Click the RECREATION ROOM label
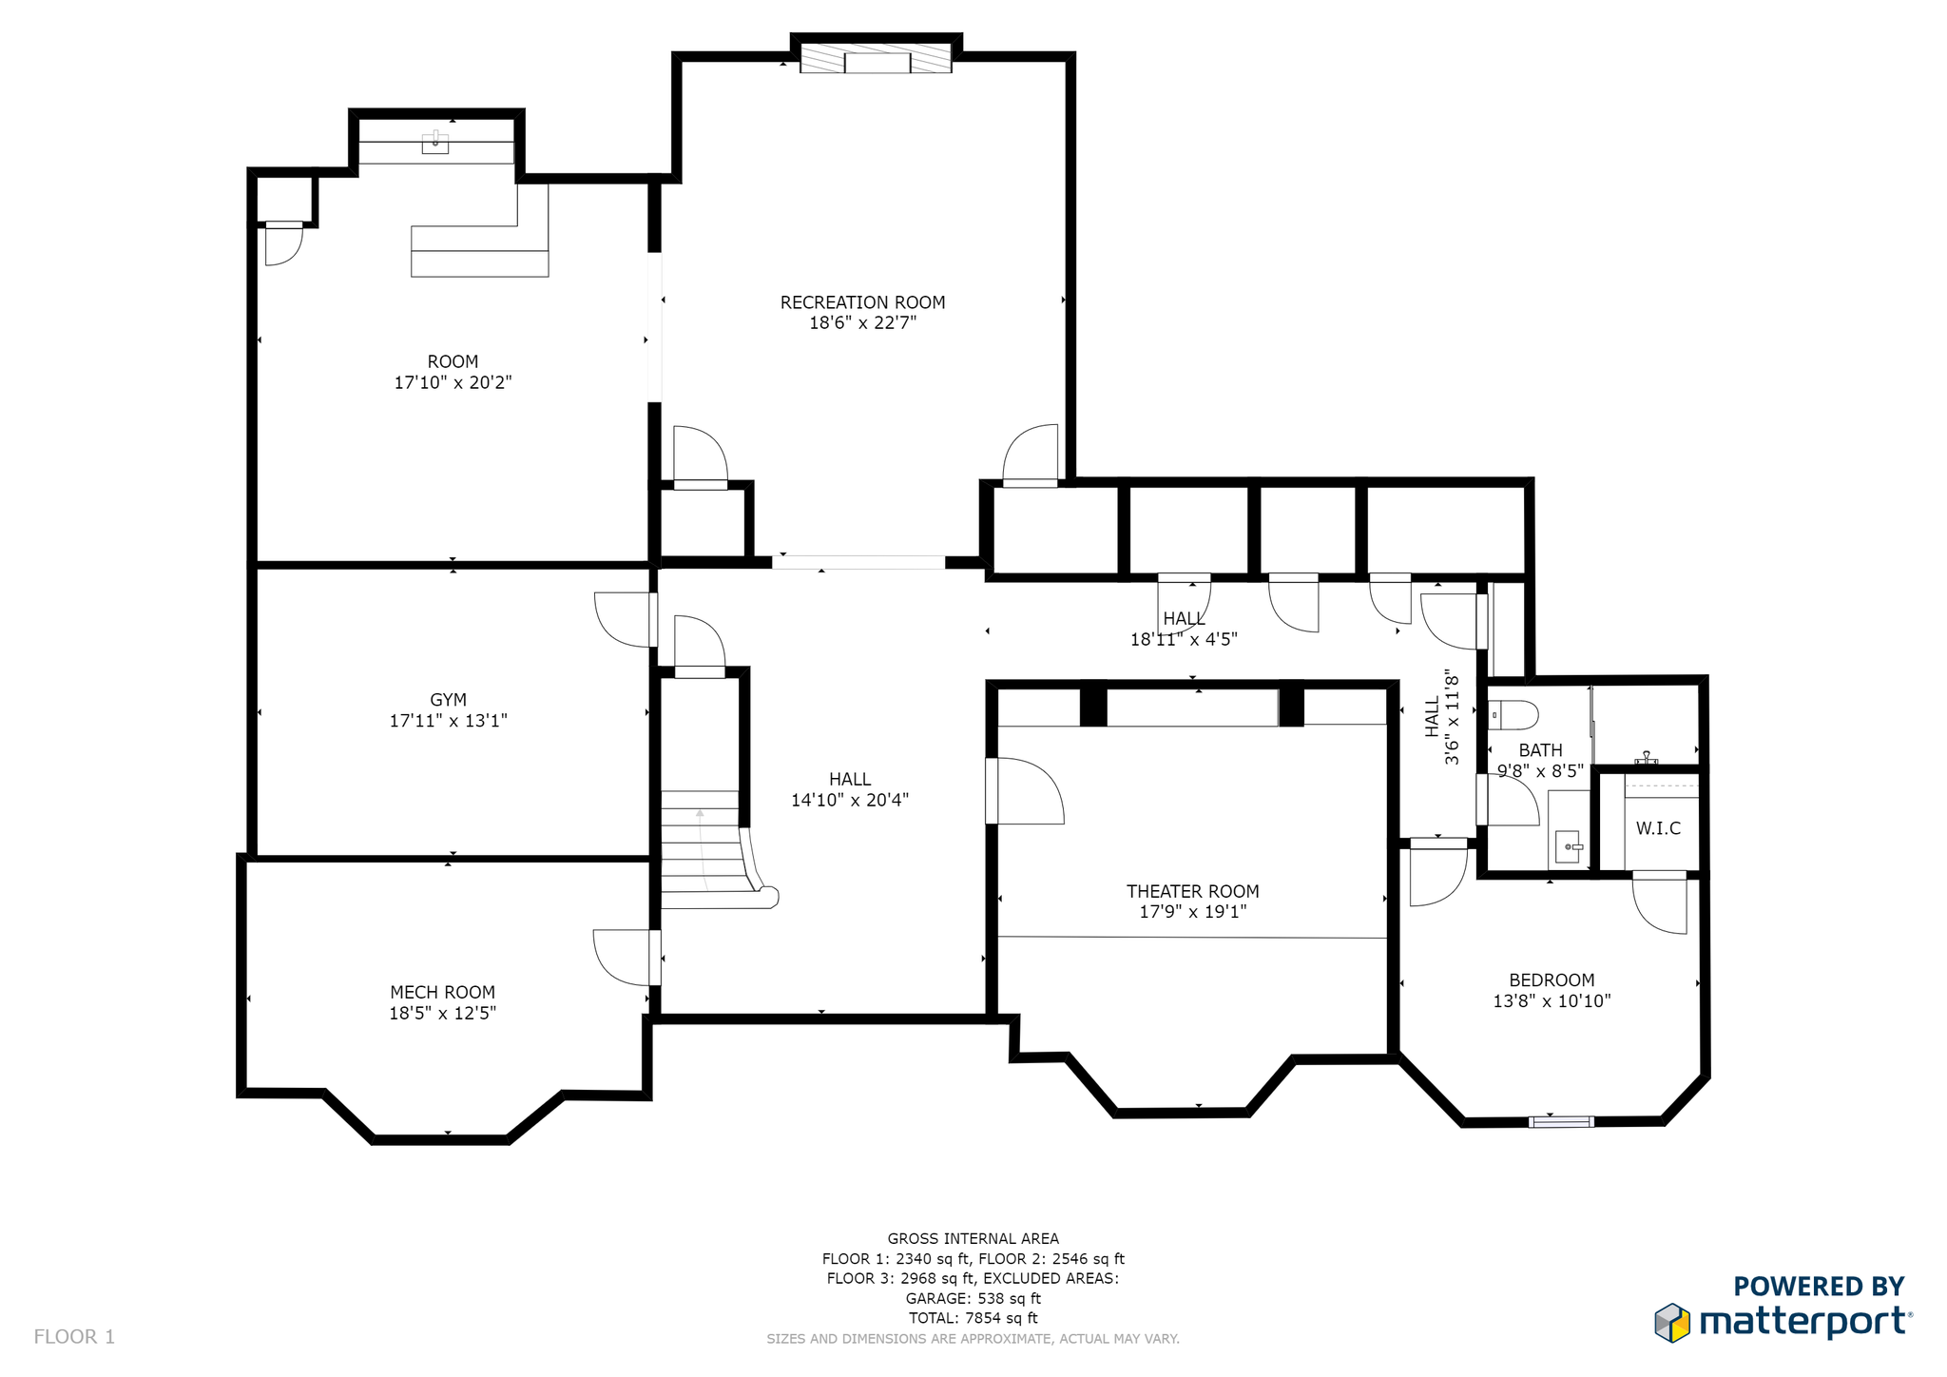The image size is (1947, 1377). (862, 302)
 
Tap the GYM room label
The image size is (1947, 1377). (448, 700)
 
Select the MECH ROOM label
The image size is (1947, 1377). (442, 992)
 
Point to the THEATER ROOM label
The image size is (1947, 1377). (1192, 891)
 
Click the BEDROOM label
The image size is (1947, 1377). (1552, 980)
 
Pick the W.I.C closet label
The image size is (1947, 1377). (1658, 828)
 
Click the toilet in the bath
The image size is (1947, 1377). (1513, 714)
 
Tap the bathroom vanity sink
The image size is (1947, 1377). (1569, 845)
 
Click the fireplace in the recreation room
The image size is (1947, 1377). (876, 57)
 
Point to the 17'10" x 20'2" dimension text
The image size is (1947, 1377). (453, 382)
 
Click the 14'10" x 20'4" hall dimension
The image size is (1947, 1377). (850, 800)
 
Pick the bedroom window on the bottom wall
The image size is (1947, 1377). (1561, 1122)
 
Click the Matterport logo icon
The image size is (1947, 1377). (1672, 1323)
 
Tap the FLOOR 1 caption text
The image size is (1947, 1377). (74, 1337)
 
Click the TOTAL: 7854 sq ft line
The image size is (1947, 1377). (973, 1318)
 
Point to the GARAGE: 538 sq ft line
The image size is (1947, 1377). (973, 1298)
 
